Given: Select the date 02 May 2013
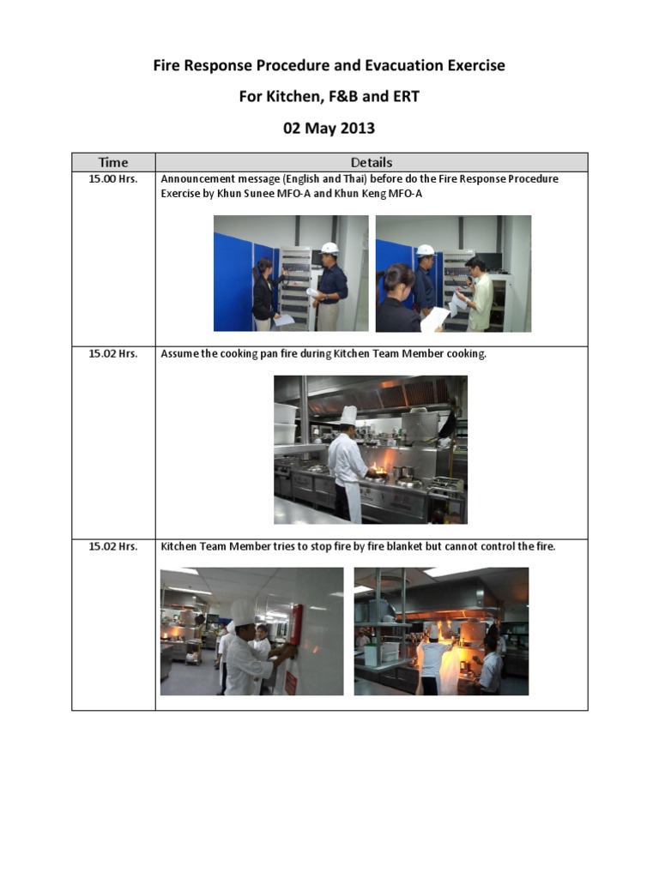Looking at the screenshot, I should (x=329, y=129).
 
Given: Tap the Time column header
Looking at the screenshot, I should (x=113, y=162).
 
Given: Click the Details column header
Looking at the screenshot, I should (x=372, y=162).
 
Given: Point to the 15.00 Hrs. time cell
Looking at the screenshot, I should (x=113, y=179).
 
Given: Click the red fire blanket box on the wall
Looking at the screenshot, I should (x=296, y=624).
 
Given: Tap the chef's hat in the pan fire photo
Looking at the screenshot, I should (x=348, y=416).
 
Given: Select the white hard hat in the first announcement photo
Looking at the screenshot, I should (x=329, y=248).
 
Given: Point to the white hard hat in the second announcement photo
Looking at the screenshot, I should (x=425, y=250).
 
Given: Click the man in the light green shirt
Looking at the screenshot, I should (x=480, y=296).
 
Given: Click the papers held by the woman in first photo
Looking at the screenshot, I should (x=282, y=320).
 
